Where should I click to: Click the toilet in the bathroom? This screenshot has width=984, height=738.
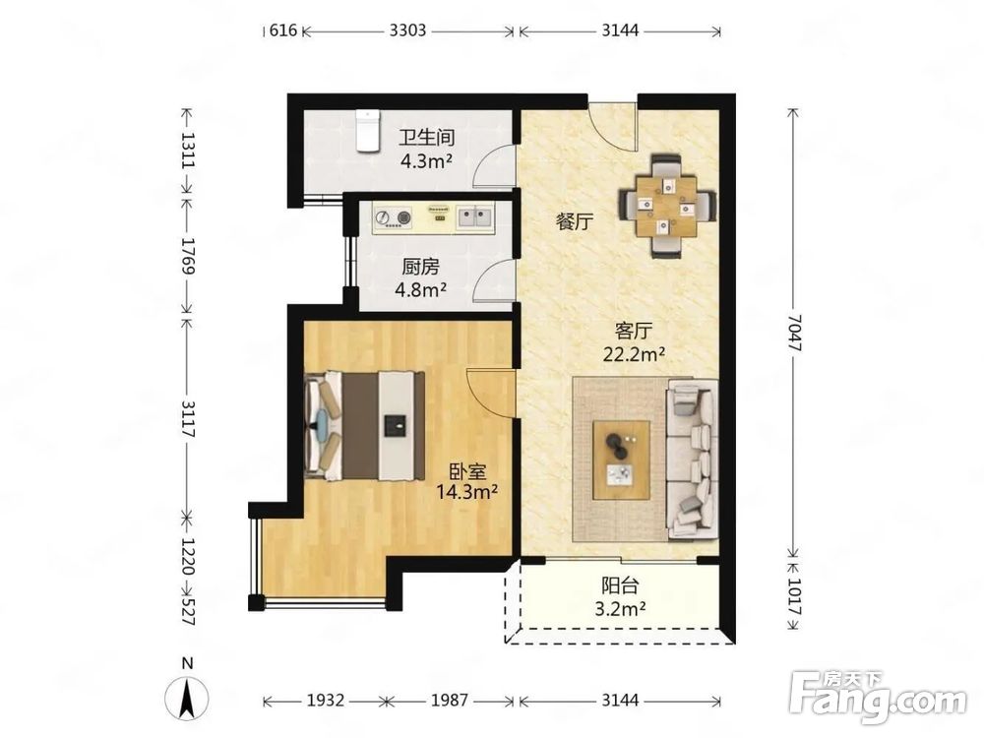pos(367,131)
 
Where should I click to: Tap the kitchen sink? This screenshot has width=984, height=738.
pos(474,217)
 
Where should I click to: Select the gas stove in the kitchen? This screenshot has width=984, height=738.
pos(393,217)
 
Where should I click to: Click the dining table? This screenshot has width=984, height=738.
pos(666,206)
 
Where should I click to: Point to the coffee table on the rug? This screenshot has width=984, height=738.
pos(621,460)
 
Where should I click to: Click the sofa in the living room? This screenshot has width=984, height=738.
pos(692,459)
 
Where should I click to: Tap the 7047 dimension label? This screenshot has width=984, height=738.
pos(794,333)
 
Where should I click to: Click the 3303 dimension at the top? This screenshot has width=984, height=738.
pos(407,31)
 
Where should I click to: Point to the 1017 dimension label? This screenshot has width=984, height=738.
pos(794,597)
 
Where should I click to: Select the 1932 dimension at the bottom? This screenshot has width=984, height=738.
pos(325,700)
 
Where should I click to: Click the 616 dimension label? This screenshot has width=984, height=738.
pos(282,31)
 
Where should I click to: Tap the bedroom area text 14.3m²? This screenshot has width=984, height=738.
pos(466,492)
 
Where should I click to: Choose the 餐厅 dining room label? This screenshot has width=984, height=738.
pos(575,221)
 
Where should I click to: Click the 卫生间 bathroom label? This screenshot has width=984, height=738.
pos(427,138)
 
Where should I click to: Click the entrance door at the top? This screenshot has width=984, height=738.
pos(612,126)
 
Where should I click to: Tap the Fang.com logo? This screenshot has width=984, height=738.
pos(878,697)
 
